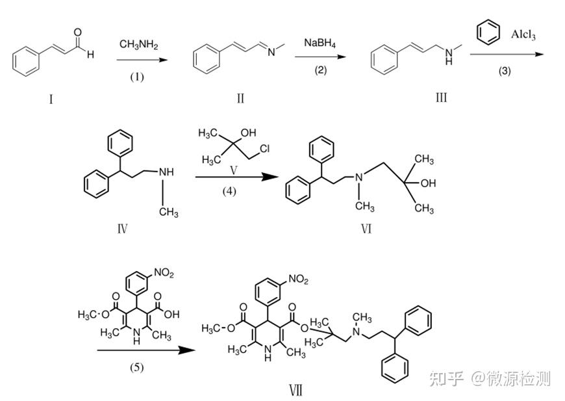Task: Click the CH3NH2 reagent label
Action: (138, 44)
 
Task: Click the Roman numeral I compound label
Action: (51, 99)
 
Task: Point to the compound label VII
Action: (295, 390)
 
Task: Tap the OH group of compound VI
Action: (428, 184)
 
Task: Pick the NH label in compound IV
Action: (167, 172)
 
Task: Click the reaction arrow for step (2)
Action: (320, 57)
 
